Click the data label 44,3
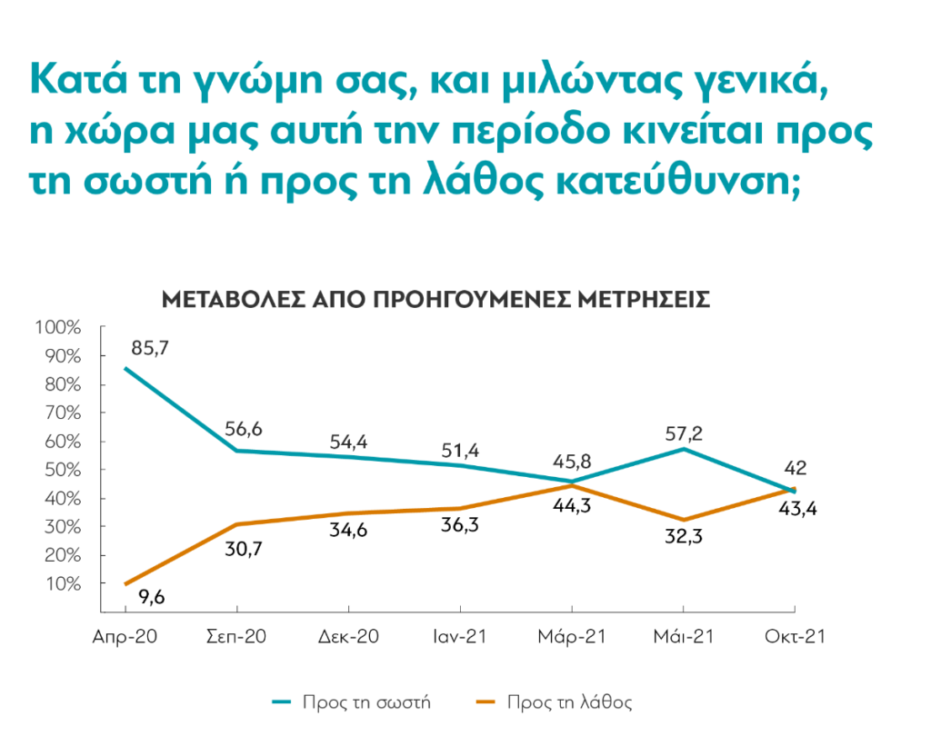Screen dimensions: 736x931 coord(573,507)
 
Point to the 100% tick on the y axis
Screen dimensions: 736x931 coord(58,327)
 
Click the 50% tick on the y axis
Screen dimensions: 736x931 coord(62,470)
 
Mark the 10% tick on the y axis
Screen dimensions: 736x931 coord(62,583)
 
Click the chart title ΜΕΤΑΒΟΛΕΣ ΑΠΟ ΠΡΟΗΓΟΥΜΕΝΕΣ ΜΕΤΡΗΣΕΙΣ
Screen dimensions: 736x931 coord(435,300)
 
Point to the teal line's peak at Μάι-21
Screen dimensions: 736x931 coord(684,449)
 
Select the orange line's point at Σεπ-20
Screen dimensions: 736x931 coord(237,524)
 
